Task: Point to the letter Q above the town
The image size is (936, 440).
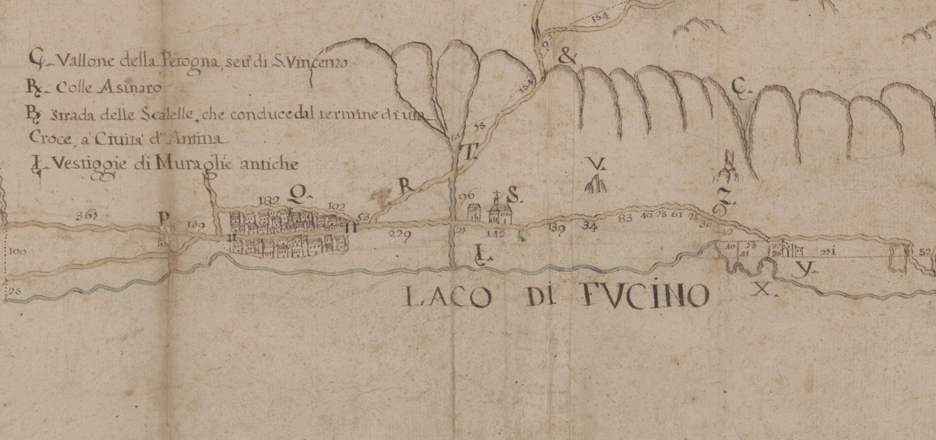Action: (297, 194)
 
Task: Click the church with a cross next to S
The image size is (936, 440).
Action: (500, 211)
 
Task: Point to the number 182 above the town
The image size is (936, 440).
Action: (268, 200)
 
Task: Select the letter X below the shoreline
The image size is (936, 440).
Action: (762, 289)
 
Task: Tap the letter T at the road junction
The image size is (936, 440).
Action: (470, 154)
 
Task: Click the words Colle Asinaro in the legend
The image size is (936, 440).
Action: (109, 88)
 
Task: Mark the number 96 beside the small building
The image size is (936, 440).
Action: (467, 196)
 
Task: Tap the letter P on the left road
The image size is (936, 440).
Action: (163, 218)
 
